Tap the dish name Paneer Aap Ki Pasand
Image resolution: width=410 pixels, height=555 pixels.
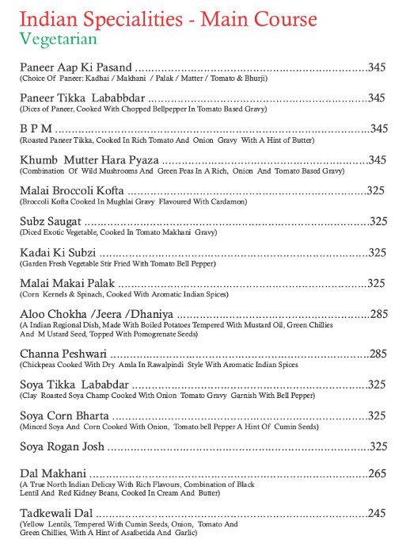click(76, 67)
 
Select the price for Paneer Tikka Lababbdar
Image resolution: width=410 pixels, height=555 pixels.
click(377, 98)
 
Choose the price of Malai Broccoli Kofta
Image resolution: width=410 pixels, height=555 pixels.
click(377, 191)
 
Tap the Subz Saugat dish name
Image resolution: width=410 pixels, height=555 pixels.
click(49, 221)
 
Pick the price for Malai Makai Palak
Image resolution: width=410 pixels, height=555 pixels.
click(377, 283)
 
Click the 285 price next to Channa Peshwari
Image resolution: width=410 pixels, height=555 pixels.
click(378, 354)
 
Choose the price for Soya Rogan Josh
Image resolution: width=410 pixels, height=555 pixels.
click(378, 446)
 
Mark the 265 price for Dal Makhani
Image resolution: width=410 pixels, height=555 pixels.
click(377, 474)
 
